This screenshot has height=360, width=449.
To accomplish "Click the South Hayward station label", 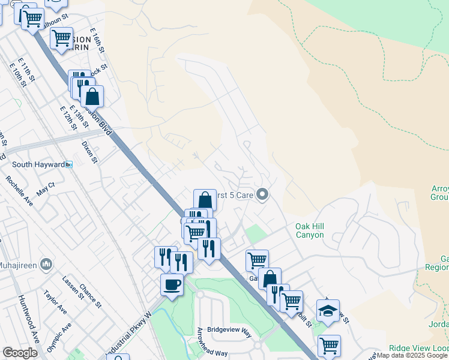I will coord(37,164).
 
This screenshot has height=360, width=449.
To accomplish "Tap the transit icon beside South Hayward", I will coord(69,164).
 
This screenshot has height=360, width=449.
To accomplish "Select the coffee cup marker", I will coord(172,284).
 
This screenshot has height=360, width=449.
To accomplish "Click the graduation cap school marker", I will coord(328,310).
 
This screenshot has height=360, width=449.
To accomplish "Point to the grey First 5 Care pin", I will coord(262,194).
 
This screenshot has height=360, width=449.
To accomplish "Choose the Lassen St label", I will coord(71,288).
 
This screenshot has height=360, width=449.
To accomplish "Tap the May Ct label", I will coord(45,191).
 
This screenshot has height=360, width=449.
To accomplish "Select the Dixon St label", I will coord(89,152).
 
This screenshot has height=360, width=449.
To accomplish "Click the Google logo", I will coord(20,353).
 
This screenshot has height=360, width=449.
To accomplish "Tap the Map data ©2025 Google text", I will coord(412,356).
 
